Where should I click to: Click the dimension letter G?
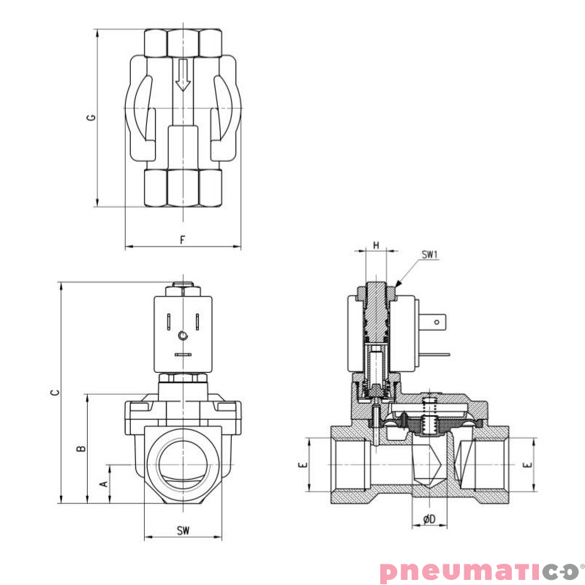(90, 117)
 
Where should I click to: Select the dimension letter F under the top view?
(182, 240)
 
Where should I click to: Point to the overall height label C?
(54, 393)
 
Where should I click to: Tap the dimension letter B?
(82, 448)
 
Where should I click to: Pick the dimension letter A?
(103, 484)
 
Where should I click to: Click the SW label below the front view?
(182, 530)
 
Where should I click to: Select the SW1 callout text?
(429, 255)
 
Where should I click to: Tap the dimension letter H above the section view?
(376, 245)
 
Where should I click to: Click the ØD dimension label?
(429, 519)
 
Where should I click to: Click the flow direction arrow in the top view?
(182, 75)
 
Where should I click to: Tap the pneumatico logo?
(479, 570)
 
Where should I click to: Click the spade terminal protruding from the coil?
(437, 320)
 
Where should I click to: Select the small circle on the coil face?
(182, 336)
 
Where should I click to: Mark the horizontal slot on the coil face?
(182, 355)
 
